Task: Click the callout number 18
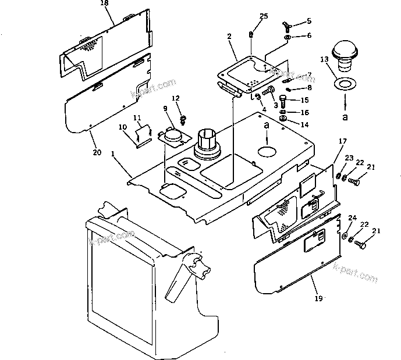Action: [105, 3]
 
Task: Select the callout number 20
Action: [97, 152]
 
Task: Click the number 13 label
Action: [324, 59]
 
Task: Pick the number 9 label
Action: [165, 108]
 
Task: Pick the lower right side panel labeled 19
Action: [297, 256]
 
